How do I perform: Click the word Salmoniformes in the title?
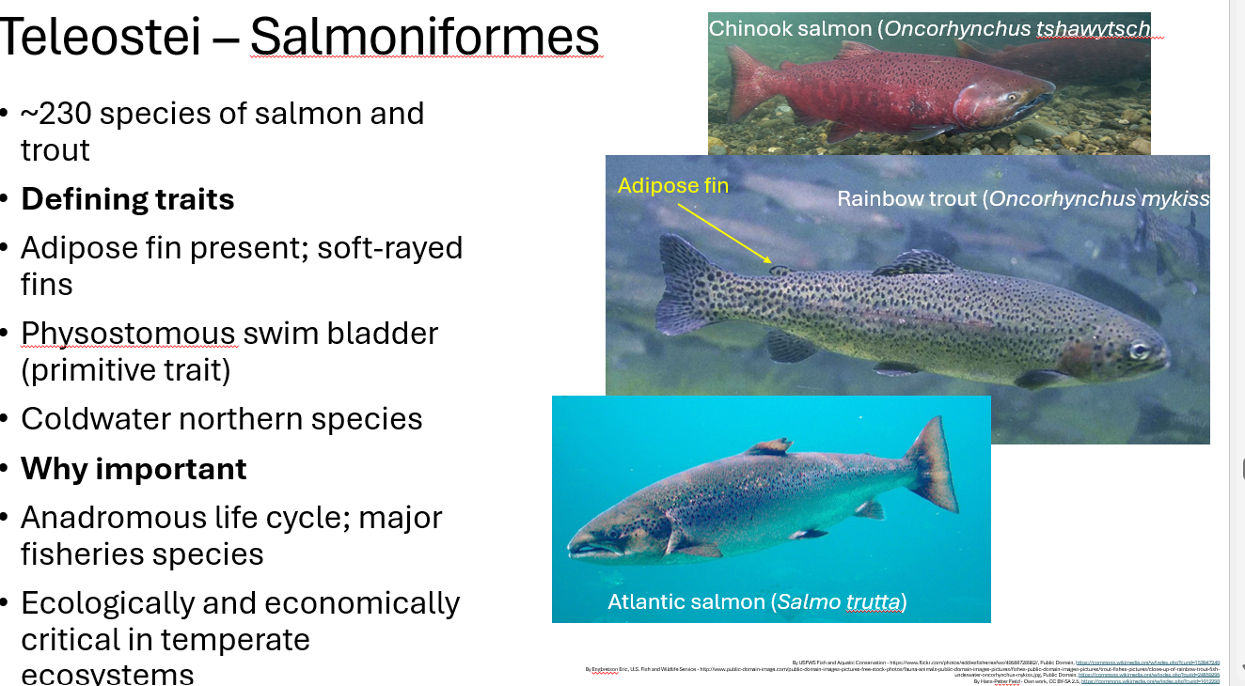pos(425,38)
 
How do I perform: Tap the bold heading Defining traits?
pos(128,199)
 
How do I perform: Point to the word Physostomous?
pos(128,334)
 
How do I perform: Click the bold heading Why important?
pos(134,468)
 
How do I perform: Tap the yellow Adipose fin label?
pos(673,186)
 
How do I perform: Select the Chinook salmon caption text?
pos(931,29)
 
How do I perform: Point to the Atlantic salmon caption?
pos(757,601)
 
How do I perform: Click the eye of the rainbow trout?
pos(1140,351)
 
